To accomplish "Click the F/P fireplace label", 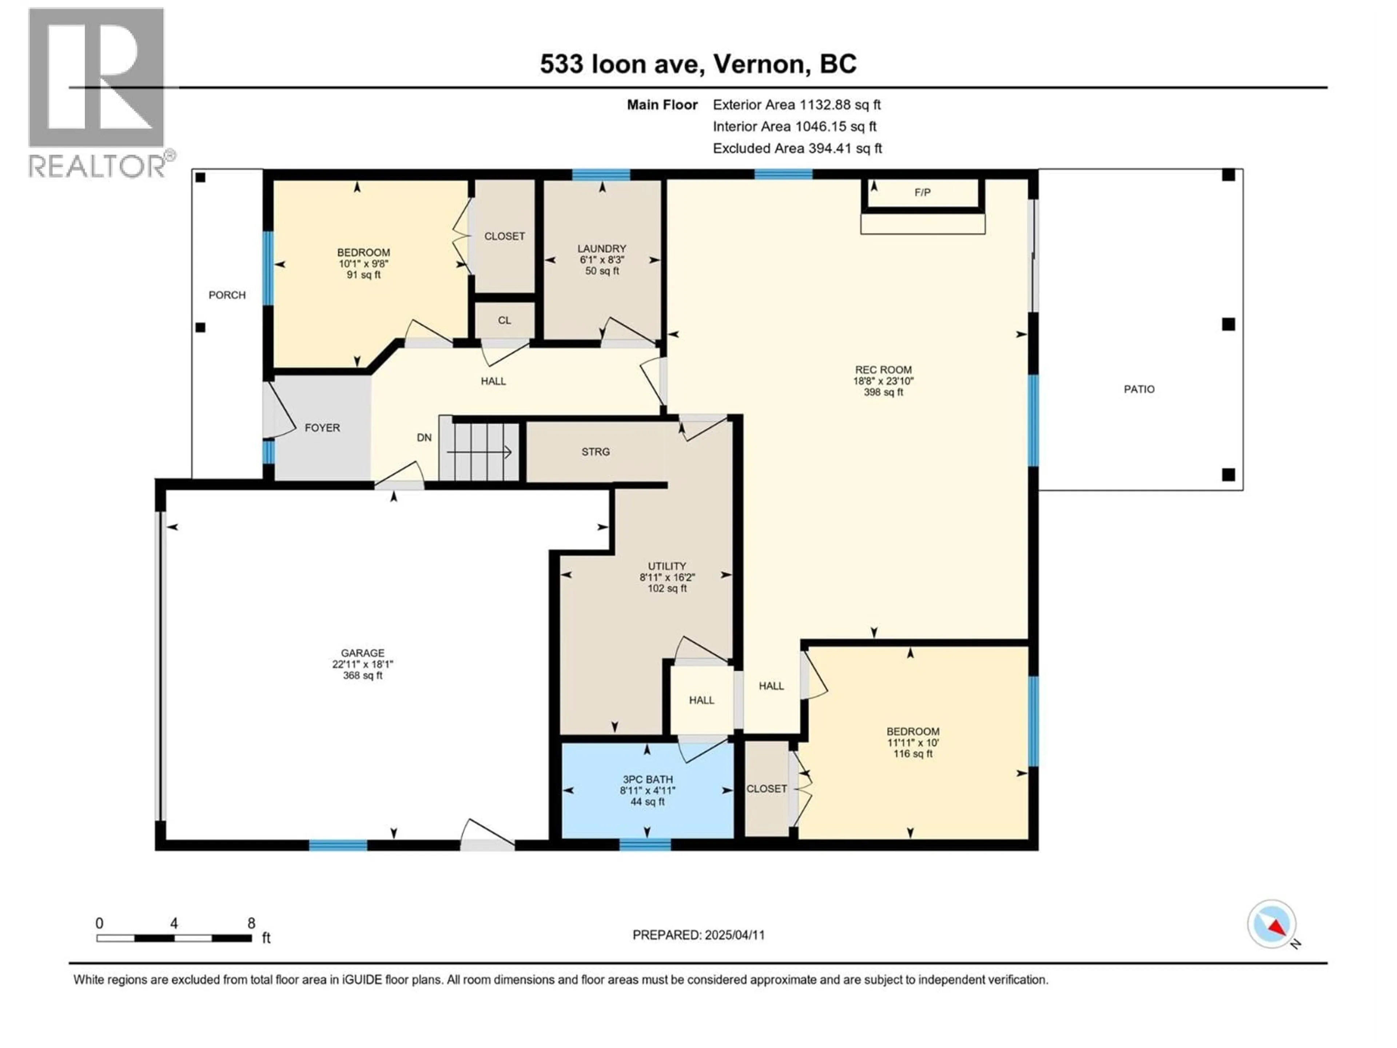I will (922, 192).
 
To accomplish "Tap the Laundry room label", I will (601, 249).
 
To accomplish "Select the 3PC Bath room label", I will (647, 779).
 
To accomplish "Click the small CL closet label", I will (504, 320).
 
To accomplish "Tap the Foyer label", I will (322, 428).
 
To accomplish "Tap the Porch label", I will (227, 295).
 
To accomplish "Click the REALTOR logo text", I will (98, 166).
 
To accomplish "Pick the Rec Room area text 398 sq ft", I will (883, 392).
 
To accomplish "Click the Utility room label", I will (666, 566).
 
